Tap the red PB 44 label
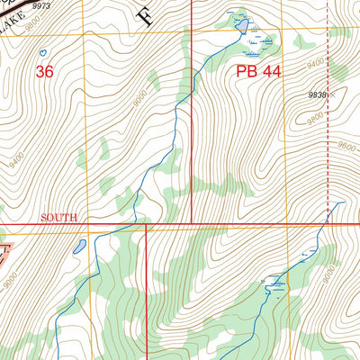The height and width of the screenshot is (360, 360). click(x=259, y=71)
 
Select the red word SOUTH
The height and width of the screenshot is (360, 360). click(x=59, y=218)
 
